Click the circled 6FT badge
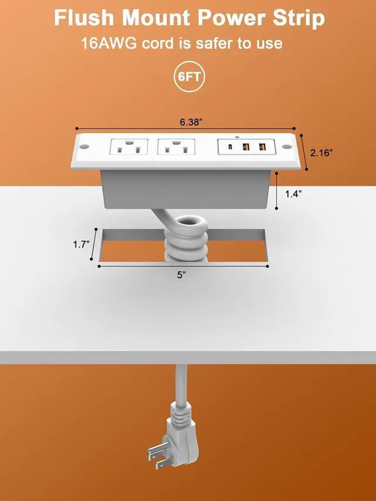point(189,77)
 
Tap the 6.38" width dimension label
point(192,122)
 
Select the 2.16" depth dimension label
point(321,153)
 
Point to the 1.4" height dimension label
point(294,194)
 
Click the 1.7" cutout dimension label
point(81,245)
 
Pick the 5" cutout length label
point(182,275)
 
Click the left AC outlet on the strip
point(129,147)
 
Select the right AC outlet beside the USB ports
point(176,147)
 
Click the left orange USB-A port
point(246,147)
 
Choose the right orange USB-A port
point(262,147)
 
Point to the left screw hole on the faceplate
point(84,147)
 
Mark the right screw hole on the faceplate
point(287,147)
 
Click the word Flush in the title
point(85,18)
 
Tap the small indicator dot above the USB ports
point(237,137)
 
